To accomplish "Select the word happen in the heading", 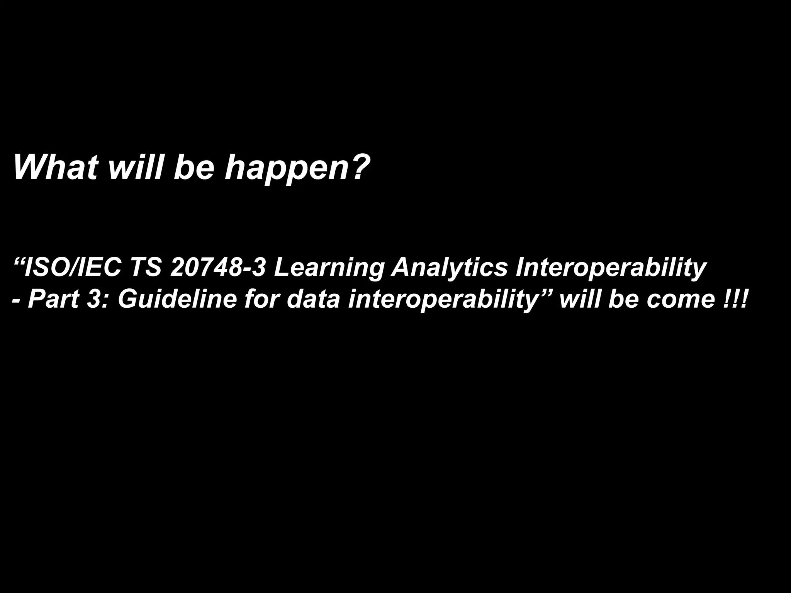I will [288, 168].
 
